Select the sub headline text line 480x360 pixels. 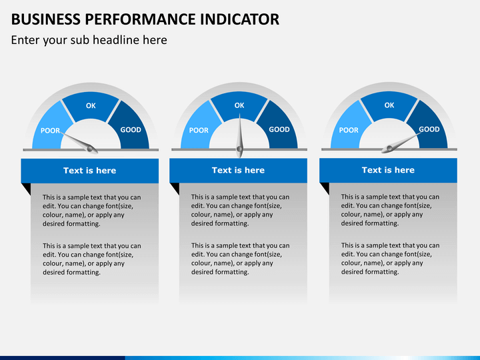tap(89, 40)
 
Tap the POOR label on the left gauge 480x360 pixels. tap(50, 131)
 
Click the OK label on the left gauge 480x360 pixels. tap(91, 106)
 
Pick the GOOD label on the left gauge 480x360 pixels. tap(131, 129)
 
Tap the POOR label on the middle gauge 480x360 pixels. tap(199, 131)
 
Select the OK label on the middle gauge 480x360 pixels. tap(239, 105)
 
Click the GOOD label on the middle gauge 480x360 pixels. tap(279, 129)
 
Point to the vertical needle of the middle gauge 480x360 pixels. tap(239, 137)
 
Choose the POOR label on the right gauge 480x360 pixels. tap(349, 131)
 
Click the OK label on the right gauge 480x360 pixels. tap(389, 105)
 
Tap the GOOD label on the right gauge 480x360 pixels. tap(429, 129)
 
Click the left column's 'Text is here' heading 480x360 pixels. tap(89, 171)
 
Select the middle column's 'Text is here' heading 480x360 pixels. tap(238, 170)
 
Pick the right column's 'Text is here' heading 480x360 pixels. tap(388, 170)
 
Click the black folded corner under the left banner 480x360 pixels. tap(26, 189)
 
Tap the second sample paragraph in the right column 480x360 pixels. tap(390, 259)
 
